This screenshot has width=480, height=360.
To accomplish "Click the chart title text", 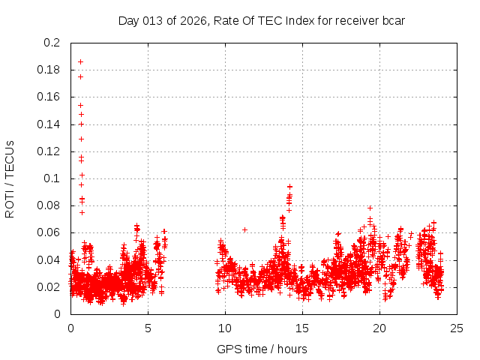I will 262,20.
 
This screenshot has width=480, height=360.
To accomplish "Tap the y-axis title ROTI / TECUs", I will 10,178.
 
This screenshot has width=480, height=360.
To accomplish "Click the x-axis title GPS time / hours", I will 262,349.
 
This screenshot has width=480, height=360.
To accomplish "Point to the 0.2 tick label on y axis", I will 52,43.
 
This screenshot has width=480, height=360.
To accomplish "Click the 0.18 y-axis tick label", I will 49,70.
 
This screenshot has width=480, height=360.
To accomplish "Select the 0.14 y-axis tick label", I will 49,124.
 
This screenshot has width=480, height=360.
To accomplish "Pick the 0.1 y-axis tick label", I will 52,178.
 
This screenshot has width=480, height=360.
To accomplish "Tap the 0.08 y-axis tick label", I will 49,205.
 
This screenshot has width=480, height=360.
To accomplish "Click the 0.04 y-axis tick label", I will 49,259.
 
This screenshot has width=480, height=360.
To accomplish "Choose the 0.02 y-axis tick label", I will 49,286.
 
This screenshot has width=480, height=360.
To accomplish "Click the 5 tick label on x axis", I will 148,328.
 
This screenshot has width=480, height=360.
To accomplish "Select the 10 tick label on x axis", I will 225,328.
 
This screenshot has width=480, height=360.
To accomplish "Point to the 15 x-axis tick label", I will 302,328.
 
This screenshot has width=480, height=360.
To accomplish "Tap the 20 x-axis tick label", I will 379,328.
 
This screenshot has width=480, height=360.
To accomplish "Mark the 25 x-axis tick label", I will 457,328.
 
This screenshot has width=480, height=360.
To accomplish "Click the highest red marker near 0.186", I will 80,61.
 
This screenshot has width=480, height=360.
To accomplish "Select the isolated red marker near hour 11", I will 244,229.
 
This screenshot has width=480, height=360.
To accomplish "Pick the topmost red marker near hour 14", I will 289,186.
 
